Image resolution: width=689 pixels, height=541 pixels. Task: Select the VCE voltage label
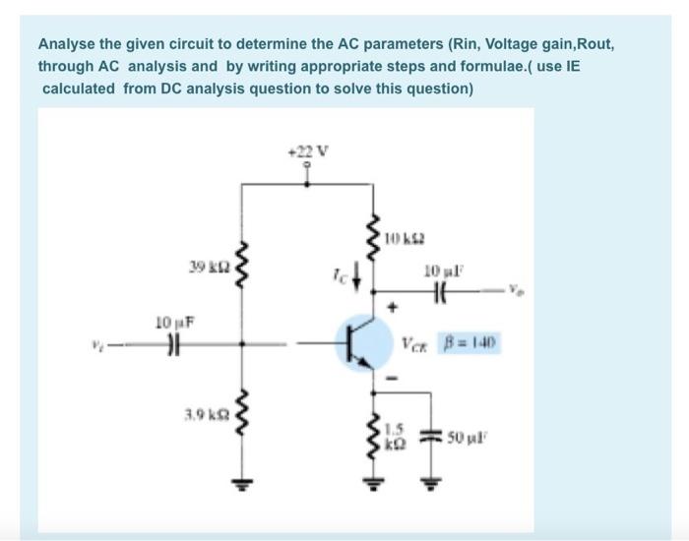415,345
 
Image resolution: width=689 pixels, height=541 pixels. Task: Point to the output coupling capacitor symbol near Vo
438,291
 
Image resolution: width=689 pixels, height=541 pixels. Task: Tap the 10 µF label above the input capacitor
172,321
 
